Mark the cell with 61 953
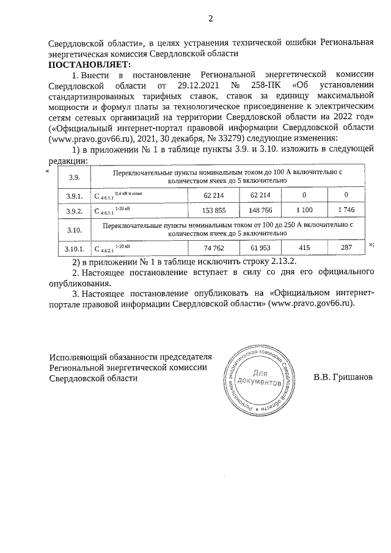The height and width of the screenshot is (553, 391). [x=260, y=249]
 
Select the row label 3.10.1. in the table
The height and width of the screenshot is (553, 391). [x=73, y=249]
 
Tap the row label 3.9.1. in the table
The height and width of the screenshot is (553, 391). [x=73, y=195]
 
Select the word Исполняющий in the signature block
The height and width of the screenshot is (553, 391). [x=76, y=356]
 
